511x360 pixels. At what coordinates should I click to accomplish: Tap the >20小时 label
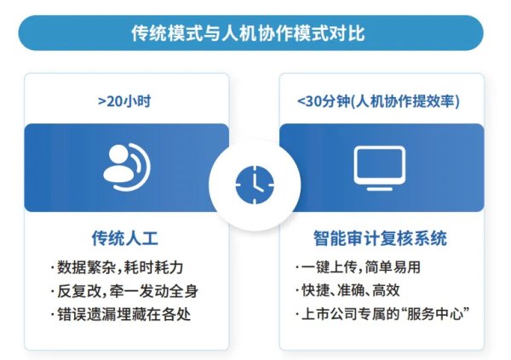click(x=126, y=101)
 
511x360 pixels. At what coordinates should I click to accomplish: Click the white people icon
click(x=125, y=167)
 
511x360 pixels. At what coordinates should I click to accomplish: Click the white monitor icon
click(x=379, y=167)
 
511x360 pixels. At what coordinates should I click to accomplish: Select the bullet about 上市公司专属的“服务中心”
click(x=381, y=314)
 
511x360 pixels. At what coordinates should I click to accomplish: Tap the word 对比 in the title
click(x=354, y=34)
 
